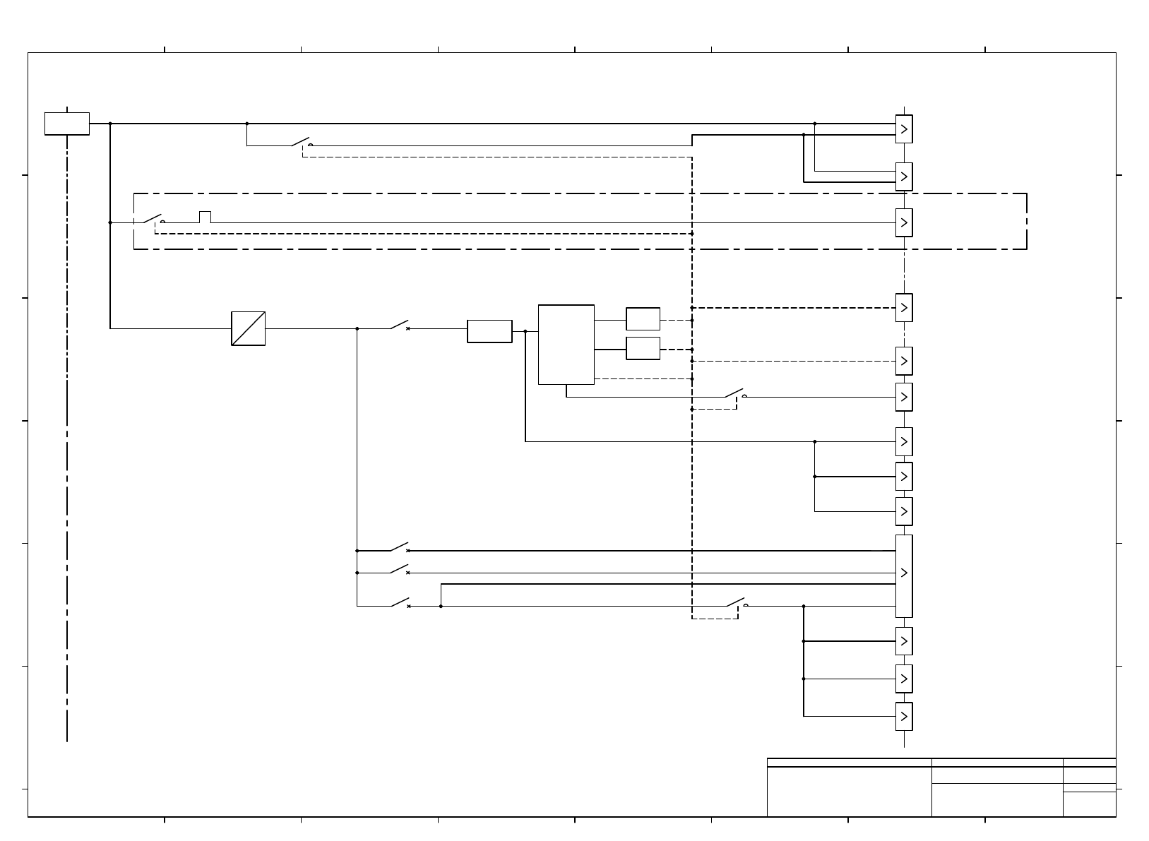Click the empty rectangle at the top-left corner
[67, 123]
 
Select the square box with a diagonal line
[249, 328]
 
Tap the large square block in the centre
[566, 345]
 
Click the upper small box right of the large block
[643, 319]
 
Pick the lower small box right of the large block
[643, 348]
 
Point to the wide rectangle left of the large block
[489, 331]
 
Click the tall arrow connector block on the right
[904, 576]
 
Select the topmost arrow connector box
[904, 129]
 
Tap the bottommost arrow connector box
[904, 716]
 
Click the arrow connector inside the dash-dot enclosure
[904, 222]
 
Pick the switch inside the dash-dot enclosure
[153, 219]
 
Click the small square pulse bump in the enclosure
[206, 217]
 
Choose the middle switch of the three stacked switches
[400, 569]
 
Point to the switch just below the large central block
[734, 393]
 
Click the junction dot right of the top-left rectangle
[110, 124]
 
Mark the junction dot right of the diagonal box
[357, 328]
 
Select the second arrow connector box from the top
[904, 177]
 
